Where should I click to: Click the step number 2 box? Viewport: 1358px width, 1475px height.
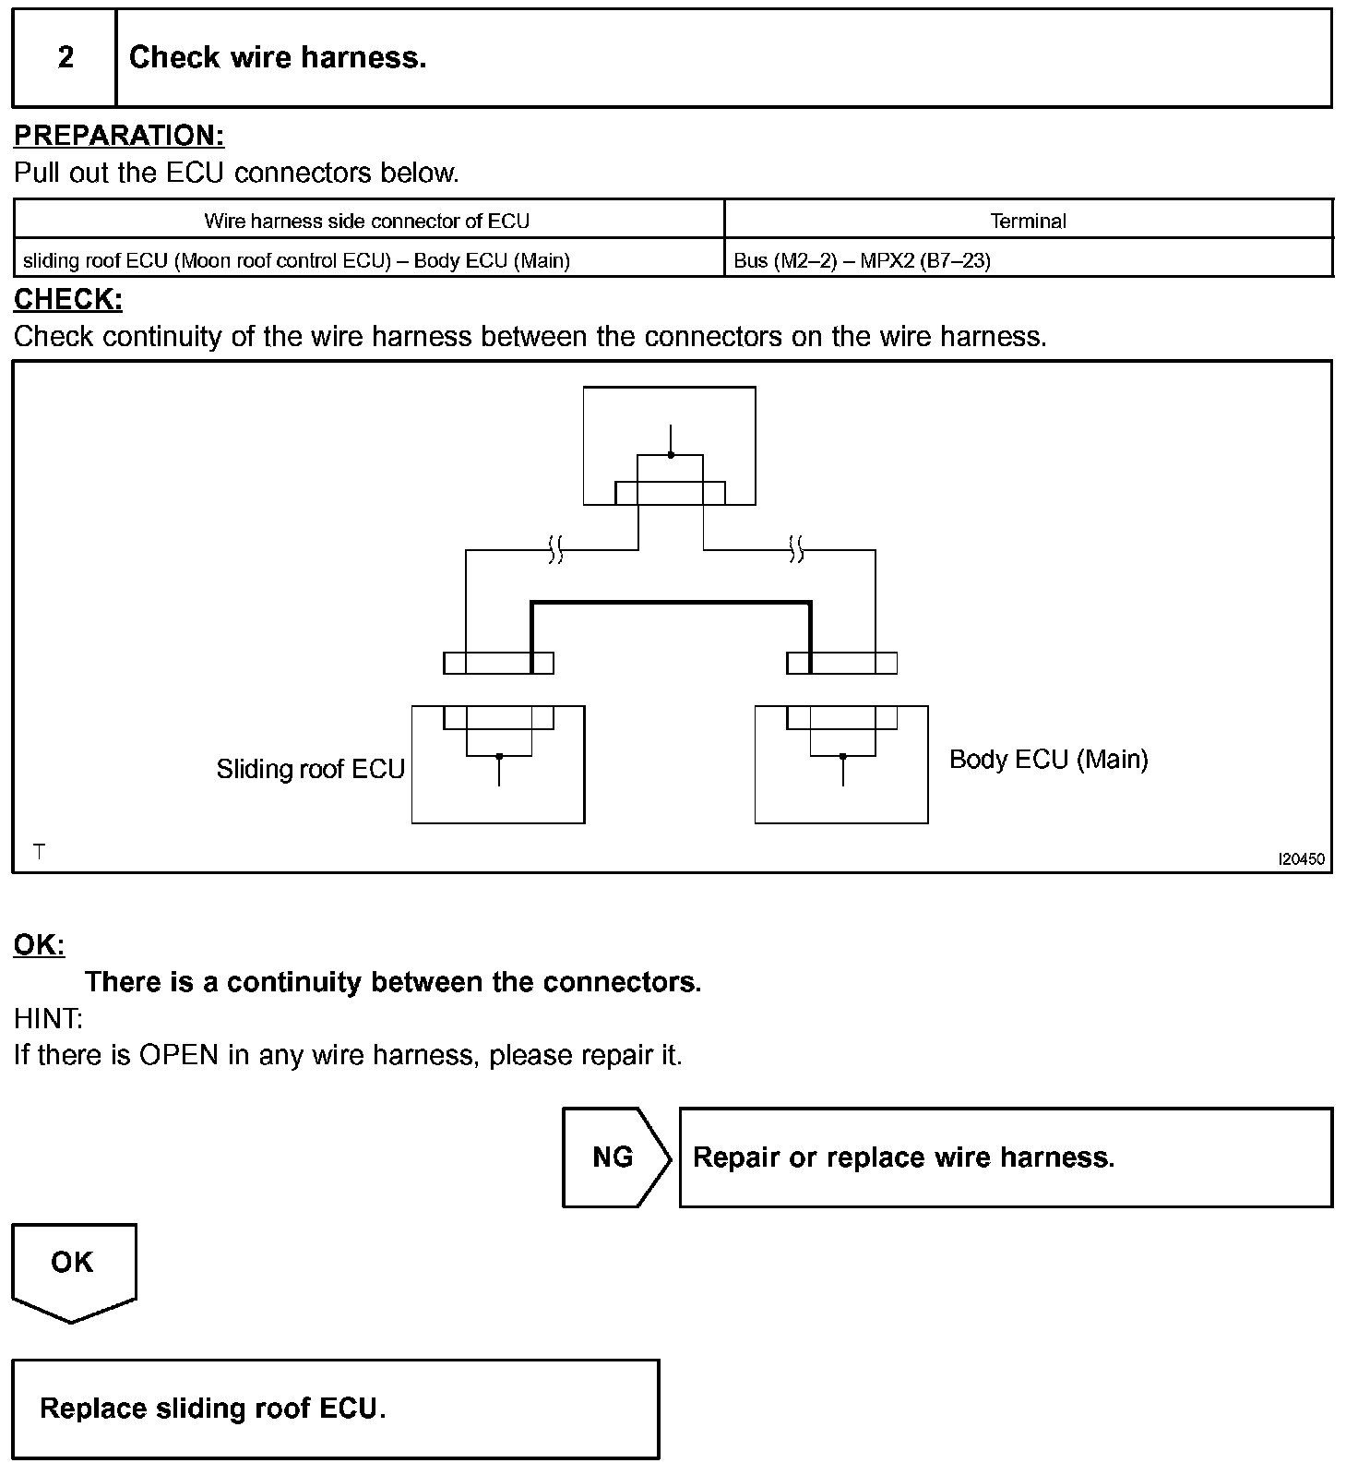pos(65,58)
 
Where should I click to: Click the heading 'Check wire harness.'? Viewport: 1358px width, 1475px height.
pos(278,58)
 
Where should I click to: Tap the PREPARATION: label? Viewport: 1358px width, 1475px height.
pos(119,136)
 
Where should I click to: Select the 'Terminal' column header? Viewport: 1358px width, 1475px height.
pos(1028,221)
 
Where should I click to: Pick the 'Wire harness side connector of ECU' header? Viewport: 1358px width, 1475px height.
pos(367,221)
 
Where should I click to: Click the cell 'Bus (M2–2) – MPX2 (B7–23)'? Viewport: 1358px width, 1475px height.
pos(862,260)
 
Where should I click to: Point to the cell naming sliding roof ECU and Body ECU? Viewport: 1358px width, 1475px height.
pos(296,260)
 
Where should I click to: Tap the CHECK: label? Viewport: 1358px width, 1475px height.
pos(68,299)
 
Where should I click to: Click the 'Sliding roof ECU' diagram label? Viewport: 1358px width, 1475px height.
pos(310,769)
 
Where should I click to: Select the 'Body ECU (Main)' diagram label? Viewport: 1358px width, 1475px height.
pos(1048,760)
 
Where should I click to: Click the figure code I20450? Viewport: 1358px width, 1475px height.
pos(1301,859)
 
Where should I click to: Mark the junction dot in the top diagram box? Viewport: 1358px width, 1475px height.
pos(671,455)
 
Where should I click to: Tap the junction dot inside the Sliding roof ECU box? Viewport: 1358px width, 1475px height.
pos(499,757)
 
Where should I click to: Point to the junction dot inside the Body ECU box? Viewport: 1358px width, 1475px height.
pos(842,757)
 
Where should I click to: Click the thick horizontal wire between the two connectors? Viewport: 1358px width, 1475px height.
pos(671,604)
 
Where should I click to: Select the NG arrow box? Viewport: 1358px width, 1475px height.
pos(614,1157)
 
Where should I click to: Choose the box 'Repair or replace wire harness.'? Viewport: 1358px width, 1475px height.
pos(1006,1157)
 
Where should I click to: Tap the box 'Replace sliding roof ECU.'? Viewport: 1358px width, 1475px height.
pos(336,1409)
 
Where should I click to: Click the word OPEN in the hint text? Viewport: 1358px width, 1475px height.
pos(178,1055)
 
